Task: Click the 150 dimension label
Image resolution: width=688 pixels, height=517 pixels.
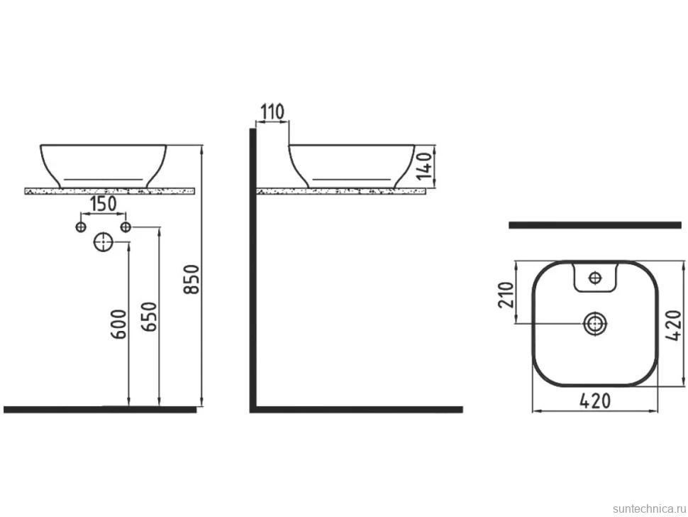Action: click(x=103, y=204)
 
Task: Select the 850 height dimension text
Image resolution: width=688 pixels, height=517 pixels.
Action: click(x=192, y=279)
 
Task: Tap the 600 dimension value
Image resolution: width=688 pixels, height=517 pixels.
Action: click(x=118, y=325)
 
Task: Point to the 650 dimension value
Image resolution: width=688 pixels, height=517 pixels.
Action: click(x=148, y=317)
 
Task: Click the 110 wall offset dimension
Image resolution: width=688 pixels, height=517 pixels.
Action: click(x=272, y=112)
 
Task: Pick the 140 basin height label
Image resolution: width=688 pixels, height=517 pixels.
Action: click(x=424, y=165)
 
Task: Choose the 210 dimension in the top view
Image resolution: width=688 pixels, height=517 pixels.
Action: click(x=506, y=295)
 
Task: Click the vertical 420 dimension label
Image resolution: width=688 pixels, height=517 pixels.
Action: click(x=674, y=325)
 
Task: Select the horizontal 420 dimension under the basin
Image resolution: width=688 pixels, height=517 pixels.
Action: click(x=594, y=401)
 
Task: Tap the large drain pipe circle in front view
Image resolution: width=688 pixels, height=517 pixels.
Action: click(x=103, y=242)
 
